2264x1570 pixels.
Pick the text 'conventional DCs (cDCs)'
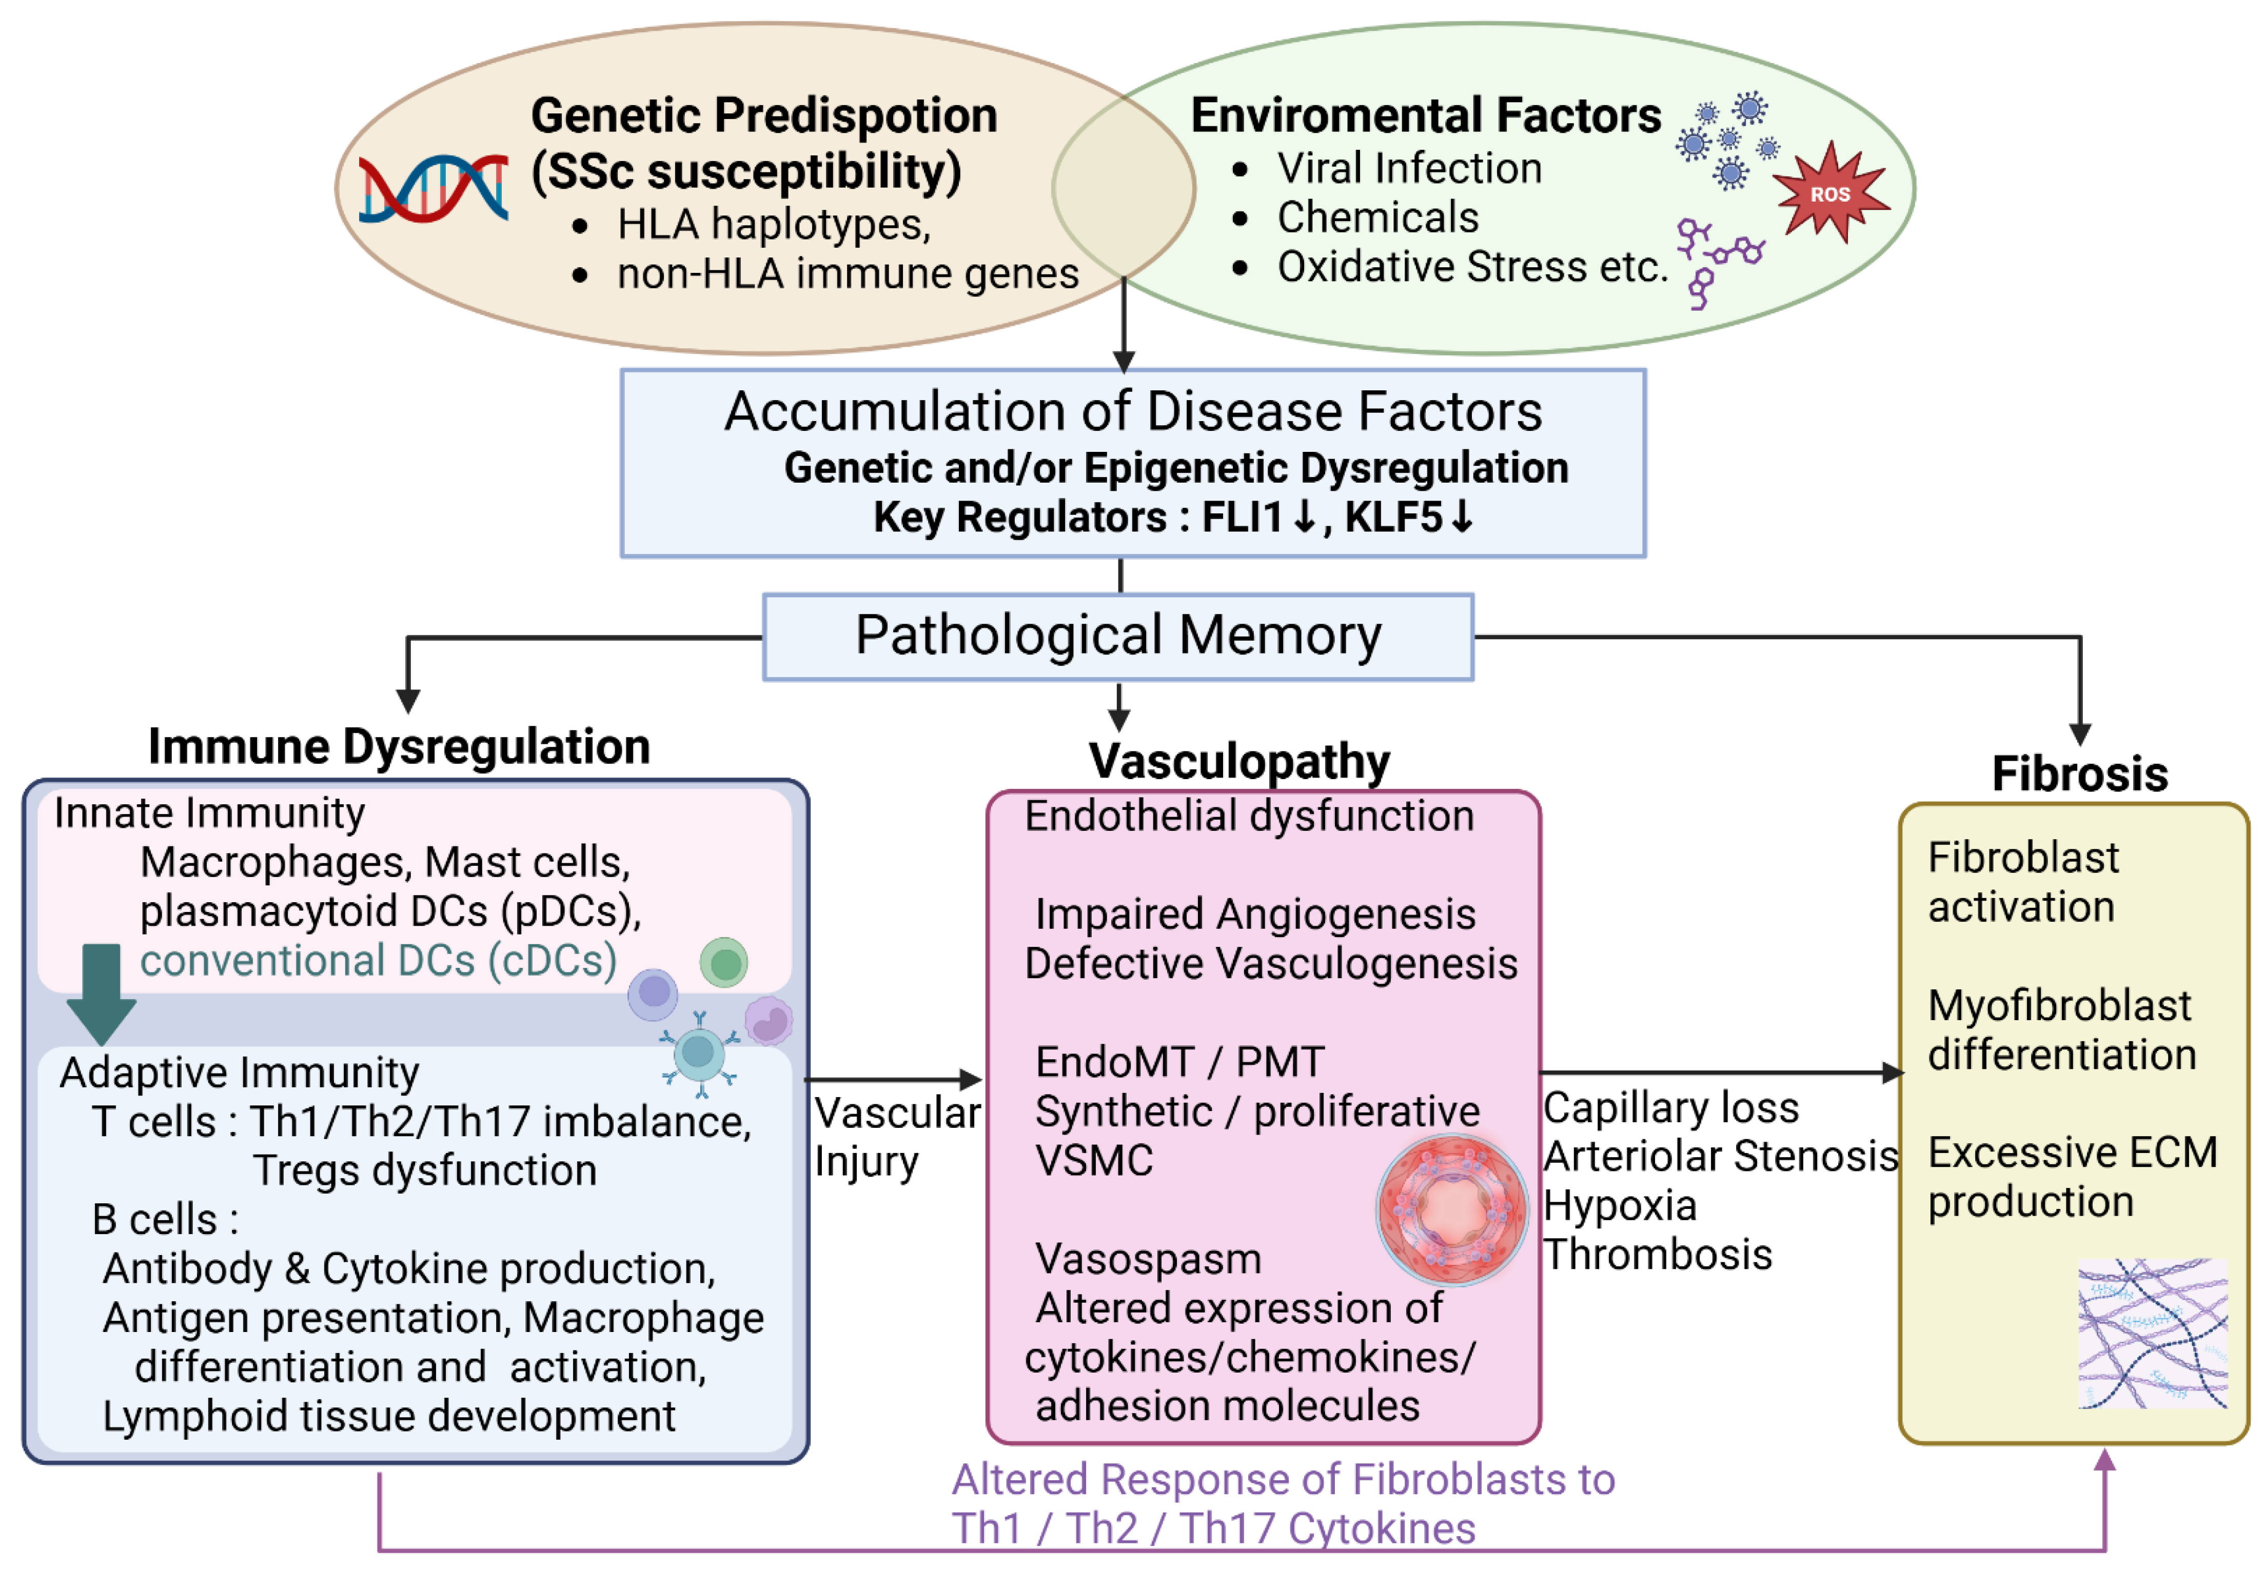coord(379,960)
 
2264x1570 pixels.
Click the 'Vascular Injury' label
coord(895,1136)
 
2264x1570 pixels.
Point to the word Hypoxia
coord(1620,1205)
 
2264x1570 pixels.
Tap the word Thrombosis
coord(1657,1254)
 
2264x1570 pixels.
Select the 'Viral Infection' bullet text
coord(1409,168)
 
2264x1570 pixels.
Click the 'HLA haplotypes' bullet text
coord(773,224)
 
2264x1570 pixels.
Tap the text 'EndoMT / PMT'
coord(1180,1061)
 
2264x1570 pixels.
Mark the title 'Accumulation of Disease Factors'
coord(1132,411)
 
